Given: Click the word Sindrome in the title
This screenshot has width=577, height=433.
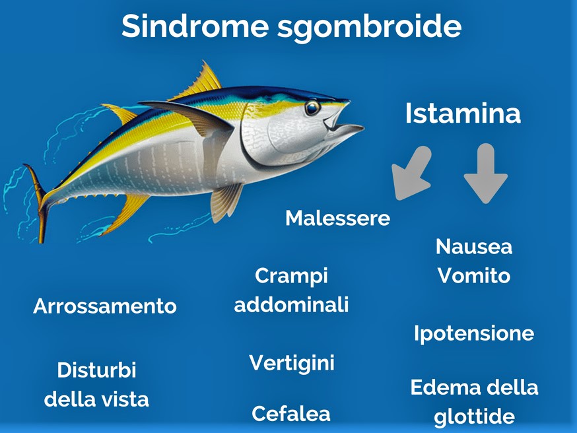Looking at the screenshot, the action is point(195,26).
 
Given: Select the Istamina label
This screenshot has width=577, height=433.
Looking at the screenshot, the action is point(463,113).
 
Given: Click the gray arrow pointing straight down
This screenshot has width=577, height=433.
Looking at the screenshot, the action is point(486,173).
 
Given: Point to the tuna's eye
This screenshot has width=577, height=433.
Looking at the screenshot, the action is point(312,108).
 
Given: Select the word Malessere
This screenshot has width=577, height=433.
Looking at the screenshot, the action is point(338,218).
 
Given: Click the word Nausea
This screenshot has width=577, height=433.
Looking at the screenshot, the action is point(474,246).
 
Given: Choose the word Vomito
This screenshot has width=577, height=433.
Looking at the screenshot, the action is point(474,275).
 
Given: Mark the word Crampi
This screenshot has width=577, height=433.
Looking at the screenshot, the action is point(291,277).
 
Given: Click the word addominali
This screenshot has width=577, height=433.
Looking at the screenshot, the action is point(291,304).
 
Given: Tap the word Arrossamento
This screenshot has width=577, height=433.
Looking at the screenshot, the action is point(105,306).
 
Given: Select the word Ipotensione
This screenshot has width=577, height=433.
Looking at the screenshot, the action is point(474,334).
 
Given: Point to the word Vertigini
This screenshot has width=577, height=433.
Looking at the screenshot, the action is point(292,364).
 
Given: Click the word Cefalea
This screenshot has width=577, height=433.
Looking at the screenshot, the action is point(291,413).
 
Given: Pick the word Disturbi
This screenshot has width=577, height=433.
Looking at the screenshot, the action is point(97,370).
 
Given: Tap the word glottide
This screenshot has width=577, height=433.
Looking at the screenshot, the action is point(474,417).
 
